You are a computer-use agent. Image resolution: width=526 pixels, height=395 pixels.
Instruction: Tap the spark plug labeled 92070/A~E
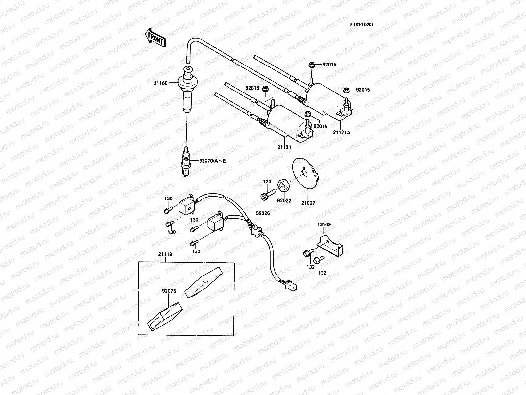pos(186,161)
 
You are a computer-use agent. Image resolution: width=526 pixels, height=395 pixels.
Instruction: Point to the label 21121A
pos(342,132)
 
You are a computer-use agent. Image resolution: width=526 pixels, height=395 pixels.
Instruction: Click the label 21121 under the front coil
pos(284,147)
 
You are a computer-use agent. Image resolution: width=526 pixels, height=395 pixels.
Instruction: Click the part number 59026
pos(263,213)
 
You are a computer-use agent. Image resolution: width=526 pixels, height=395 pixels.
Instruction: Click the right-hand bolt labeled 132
pos(318,260)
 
